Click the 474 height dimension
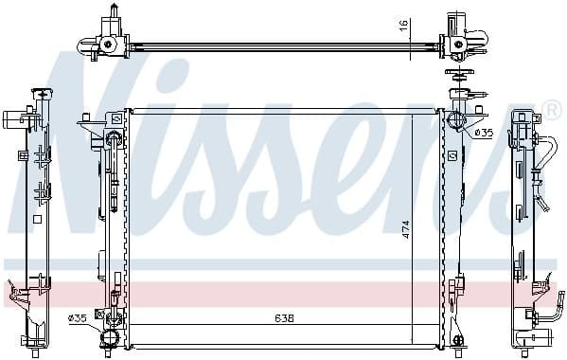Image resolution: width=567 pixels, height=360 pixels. (405, 231)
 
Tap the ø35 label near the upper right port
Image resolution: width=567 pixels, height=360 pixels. (484, 131)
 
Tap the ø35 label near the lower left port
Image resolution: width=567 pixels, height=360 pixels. (78, 317)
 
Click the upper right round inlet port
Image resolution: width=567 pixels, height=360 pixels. (455, 120)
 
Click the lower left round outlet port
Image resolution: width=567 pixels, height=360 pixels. (109, 337)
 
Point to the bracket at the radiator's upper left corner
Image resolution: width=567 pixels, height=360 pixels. (93, 124)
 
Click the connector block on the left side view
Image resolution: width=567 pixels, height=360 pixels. (12, 120)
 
